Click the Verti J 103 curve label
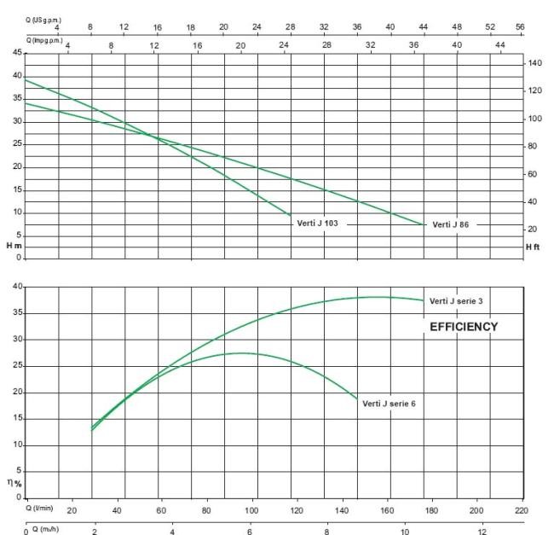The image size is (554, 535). (317, 223)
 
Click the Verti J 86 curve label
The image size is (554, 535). (451, 224)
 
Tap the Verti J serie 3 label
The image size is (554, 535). (456, 301)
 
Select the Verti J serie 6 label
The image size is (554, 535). (389, 404)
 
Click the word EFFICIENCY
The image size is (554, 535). (464, 327)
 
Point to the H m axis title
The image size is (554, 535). (14, 246)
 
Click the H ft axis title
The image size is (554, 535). (533, 247)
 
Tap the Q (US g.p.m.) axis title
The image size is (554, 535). (43, 20)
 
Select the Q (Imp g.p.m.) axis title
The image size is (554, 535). (44, 41)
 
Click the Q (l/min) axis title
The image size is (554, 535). (39, 509)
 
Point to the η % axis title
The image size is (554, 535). (14, 483)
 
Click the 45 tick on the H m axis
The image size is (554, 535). (17, 53)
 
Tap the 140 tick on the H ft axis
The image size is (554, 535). (534, 63)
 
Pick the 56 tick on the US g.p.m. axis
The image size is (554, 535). (520, 26)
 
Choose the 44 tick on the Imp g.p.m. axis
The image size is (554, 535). (500, 45)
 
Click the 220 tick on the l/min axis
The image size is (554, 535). (521, 510)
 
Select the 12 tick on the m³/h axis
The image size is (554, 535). (482, 532)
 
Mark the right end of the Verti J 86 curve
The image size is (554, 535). (424, 224)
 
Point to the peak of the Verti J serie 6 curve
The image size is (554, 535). (241, 353)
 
